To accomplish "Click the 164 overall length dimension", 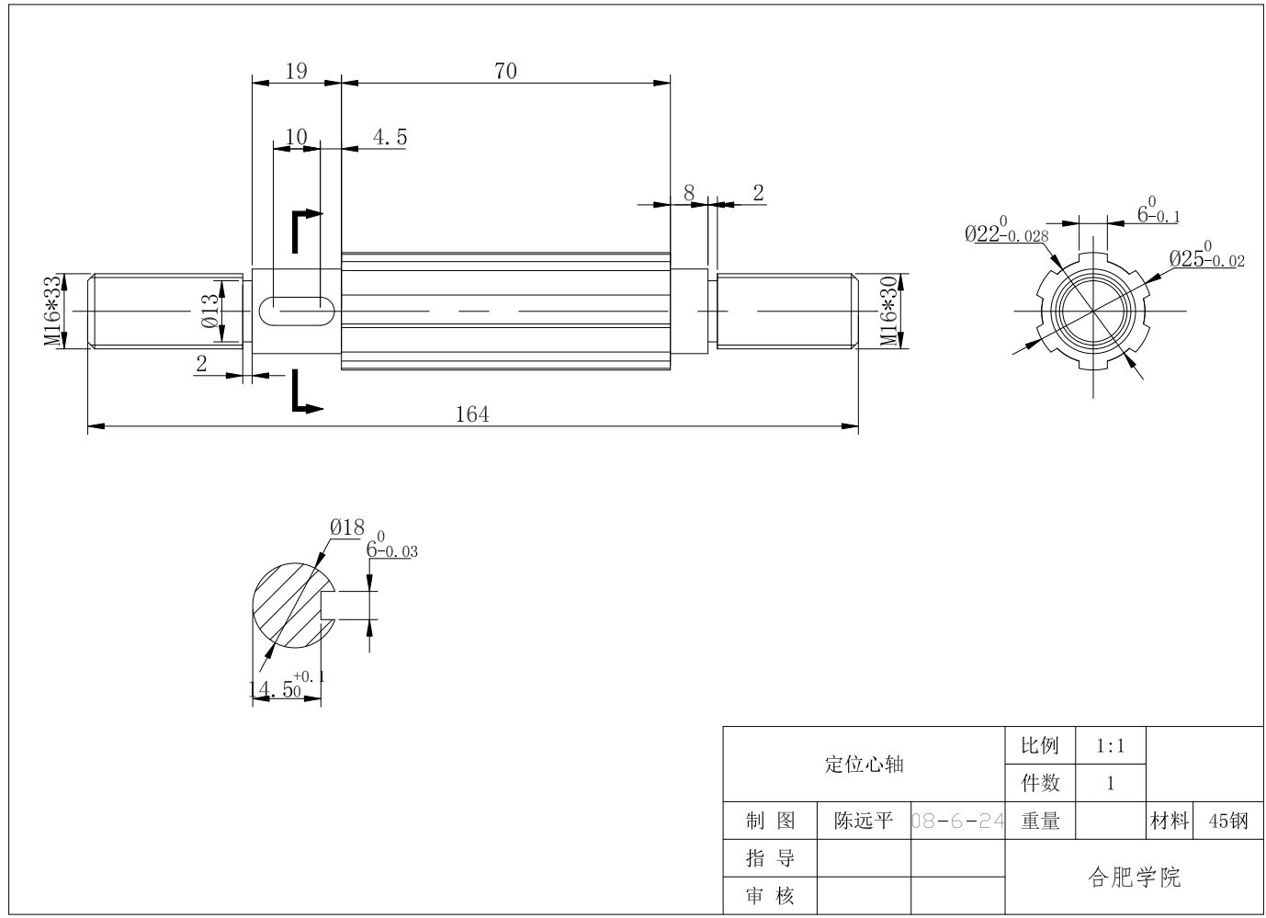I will click(472, 414).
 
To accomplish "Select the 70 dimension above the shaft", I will click(505, 72).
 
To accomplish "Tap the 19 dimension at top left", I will click(296, 72).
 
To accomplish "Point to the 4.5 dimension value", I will click(390, 138).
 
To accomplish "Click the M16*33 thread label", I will click(53, 311).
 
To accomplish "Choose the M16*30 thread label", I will click(888, 311).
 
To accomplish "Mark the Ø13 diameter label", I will click(210, 311).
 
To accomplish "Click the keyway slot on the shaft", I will click(297, 311).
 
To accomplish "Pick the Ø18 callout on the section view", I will click(347, 527).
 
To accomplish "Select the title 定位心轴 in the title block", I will click(864, 764).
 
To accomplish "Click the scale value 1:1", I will click(1110, 746).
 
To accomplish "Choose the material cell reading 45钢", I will click(1228, 822).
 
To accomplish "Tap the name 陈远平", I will click(863, 822).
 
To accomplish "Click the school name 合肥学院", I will click(1135, 878).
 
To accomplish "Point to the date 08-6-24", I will click(957, 822).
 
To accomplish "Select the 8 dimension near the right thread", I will click(689, 194).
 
